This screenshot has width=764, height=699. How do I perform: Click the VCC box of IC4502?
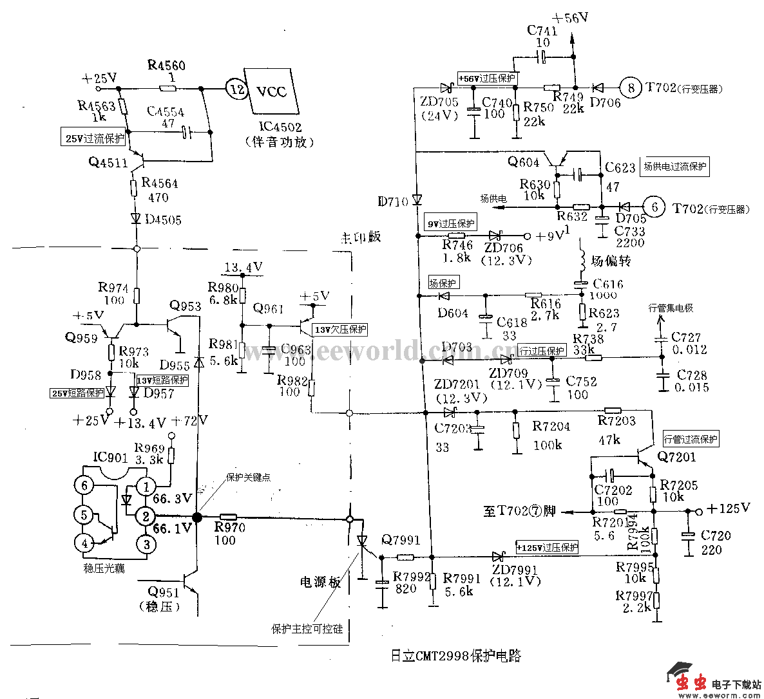pyautogui.click(x=272, y=90)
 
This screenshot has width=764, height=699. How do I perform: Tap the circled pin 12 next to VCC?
pyautogui.click(x=237, y=89)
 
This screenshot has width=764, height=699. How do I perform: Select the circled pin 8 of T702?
pyautogui.click(x=631, y=88)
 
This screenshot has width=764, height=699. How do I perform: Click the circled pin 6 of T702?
pyautogui.click(x=655, y=207)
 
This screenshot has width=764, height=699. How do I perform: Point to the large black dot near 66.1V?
pyautogui.click(x=197, y=516)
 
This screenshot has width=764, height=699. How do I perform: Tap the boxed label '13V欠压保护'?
pyautogui.click(x=339, y=330)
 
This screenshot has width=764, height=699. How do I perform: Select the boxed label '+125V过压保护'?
pyautogui.click(x=548, y=548)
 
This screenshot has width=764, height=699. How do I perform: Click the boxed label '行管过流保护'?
pyautogui.click(x=690, y=440)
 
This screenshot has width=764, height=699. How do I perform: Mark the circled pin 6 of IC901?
pyautogui.click(x=84, y=485)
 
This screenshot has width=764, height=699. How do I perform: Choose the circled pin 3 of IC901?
pyautogui.click(x=146, y=544)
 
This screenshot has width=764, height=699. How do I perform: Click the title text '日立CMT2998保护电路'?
pyautogui.click(x=455, y=656)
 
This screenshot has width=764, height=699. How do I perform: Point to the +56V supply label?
pyautogui.click(x=570, y=18)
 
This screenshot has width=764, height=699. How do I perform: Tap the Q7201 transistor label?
pyautogui.click(x=676, y=456)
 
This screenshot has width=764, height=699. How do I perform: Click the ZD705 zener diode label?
pyautogui.click(x=439, y=102)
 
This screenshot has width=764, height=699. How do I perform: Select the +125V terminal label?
pyautogui.click(x=728, y=508)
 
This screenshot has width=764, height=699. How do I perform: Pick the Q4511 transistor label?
pyautogui.click(x=108, y=162)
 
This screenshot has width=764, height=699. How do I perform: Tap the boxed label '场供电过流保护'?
pyautogui.click(x=674, y=167)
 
